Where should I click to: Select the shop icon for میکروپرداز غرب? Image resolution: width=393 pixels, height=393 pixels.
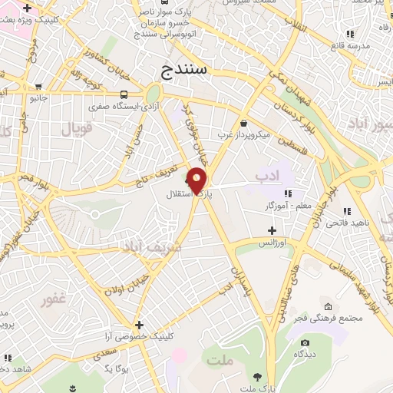[x=243, y=123]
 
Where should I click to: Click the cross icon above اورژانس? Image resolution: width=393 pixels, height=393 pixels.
[x=272, y=230]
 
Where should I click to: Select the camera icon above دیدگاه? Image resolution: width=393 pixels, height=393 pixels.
[x=305, y=342]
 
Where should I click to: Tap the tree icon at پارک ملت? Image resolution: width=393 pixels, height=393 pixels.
[x=257, y=377]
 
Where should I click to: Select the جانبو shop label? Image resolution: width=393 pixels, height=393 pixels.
[x=38, y=98]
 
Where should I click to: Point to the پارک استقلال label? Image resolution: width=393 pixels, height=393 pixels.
[x=184, y=194]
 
